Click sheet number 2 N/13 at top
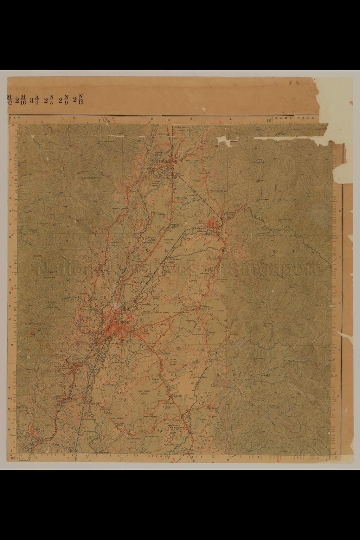(x=78, y=99)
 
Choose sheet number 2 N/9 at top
(x=64, y=99)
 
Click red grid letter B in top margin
(x=114, y=121)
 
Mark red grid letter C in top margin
(x=219, y=122)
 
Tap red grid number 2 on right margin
(x=336, y=291)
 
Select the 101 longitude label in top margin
(x=270, y=120)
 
